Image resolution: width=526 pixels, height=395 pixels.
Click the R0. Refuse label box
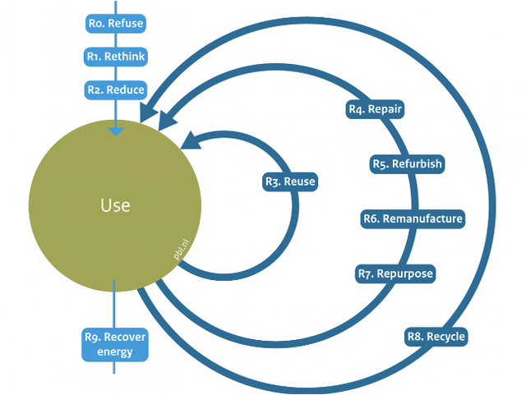coord(116,24)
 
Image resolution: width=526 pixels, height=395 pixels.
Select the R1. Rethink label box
coord(116,57)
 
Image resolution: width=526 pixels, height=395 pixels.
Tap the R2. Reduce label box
coord(116,90)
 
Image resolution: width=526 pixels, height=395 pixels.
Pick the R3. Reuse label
coord(290,181)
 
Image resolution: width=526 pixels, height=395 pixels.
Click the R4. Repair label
coord(375,109)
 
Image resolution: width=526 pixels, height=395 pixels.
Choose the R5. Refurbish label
coord(408,164)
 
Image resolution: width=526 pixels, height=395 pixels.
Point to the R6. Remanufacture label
coord(413,219)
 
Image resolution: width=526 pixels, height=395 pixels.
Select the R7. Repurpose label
coord(395,273)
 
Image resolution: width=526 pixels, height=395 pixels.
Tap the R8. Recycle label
coord(436,337)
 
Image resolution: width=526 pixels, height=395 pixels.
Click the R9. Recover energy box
coord(115,344)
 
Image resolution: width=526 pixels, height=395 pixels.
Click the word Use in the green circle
coord(115,205)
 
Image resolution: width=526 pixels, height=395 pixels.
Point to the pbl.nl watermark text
coord(181,250)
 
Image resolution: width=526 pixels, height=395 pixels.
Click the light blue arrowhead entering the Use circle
coord(116,131)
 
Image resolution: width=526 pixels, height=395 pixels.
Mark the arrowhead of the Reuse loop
coord(191,140)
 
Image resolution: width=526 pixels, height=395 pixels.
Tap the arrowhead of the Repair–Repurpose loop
coord(166,120)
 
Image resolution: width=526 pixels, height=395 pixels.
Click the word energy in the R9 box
coord(115,352)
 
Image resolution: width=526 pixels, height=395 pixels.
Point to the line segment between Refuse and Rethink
coord(116,40)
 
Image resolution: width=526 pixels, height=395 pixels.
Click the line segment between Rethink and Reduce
coord(116,73)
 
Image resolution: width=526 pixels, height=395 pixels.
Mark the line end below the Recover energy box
coord(114,373)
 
